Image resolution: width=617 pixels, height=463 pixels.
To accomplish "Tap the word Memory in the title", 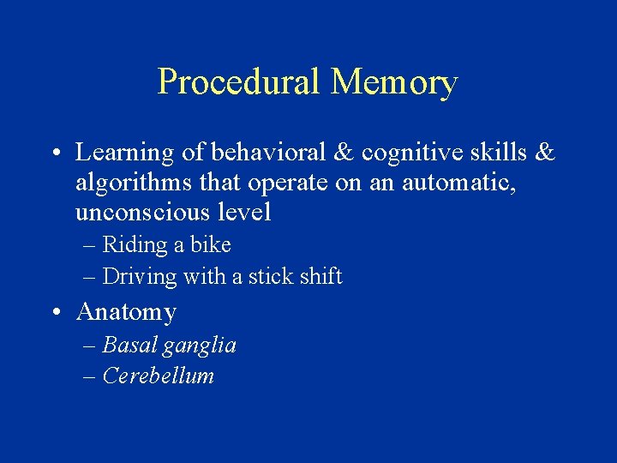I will tap(393, 83).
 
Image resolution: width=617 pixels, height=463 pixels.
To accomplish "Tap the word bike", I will tap(211, 244).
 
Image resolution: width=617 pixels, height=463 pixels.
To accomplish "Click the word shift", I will tap(320, 276).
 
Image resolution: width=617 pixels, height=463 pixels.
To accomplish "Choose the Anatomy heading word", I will tap(126, 313).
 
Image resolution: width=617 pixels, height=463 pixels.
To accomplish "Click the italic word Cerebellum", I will tap(158, 376).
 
